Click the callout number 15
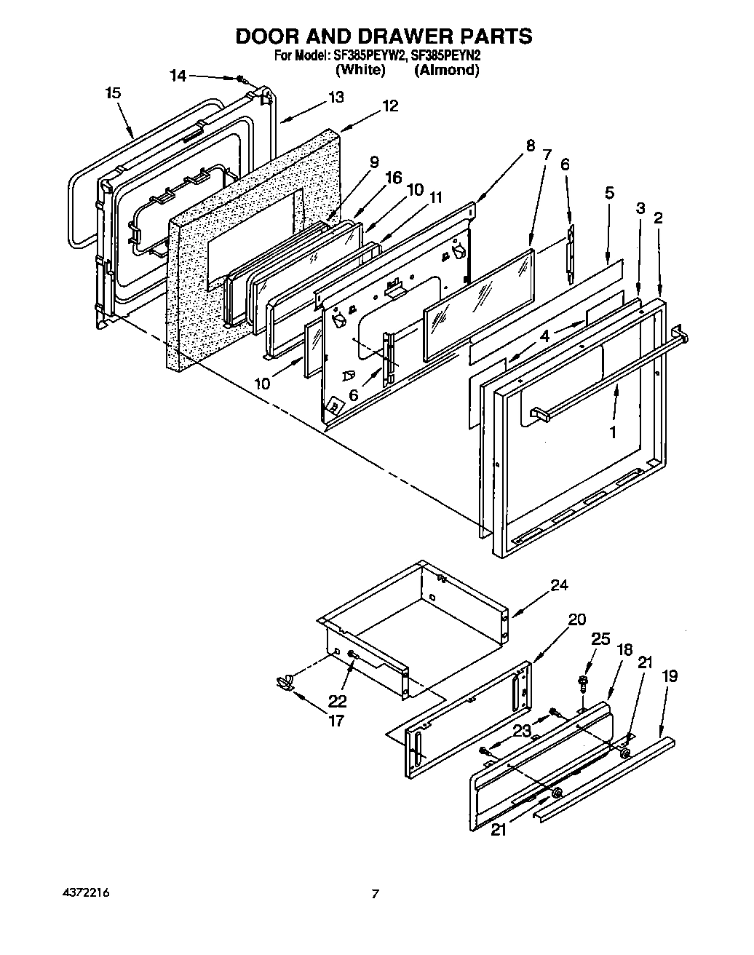(x=112, y=93)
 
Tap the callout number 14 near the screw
(x=178, y=75)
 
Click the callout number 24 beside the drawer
(x=558, y=585)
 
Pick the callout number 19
(x=670, y=676)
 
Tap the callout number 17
(x=336, y=721)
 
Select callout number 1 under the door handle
(x=612, y=432)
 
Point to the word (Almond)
(x=446, y=70)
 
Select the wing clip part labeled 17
(x=285, y=681)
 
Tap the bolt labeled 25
(x=582, y=682)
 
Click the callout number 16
(x=393, y=177)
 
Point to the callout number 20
(x=576, y=619)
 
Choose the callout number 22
(x=337, y=701)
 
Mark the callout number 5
(x=609, y=193)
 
